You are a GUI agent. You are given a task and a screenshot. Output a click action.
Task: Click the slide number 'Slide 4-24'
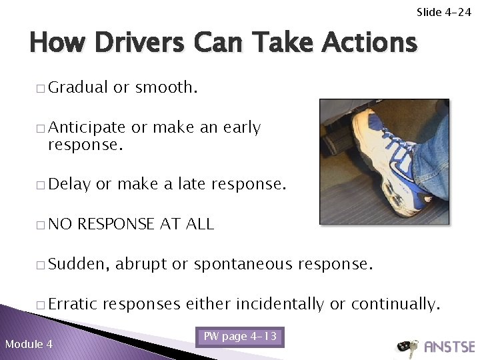[x=443, y=12]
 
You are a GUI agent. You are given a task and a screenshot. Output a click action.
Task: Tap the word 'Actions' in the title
[x=369, y=43]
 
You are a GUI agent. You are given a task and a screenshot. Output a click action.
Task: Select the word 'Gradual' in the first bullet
[x=78, y=87]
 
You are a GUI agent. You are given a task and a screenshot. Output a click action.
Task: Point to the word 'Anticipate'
[x=87, y=127]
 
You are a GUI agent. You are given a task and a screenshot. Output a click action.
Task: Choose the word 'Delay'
[x=69, y=184]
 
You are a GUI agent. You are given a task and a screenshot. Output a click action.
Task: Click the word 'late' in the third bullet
[x=193, y=184]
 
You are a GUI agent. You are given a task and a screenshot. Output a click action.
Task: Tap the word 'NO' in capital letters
[x=60, y=225]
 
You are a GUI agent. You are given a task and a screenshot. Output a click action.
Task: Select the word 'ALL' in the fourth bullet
[x=199, y=225]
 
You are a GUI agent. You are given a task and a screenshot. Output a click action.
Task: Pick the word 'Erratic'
[x=73, y=305]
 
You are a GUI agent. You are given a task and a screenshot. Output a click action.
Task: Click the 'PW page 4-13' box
[x=239, y=337]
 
